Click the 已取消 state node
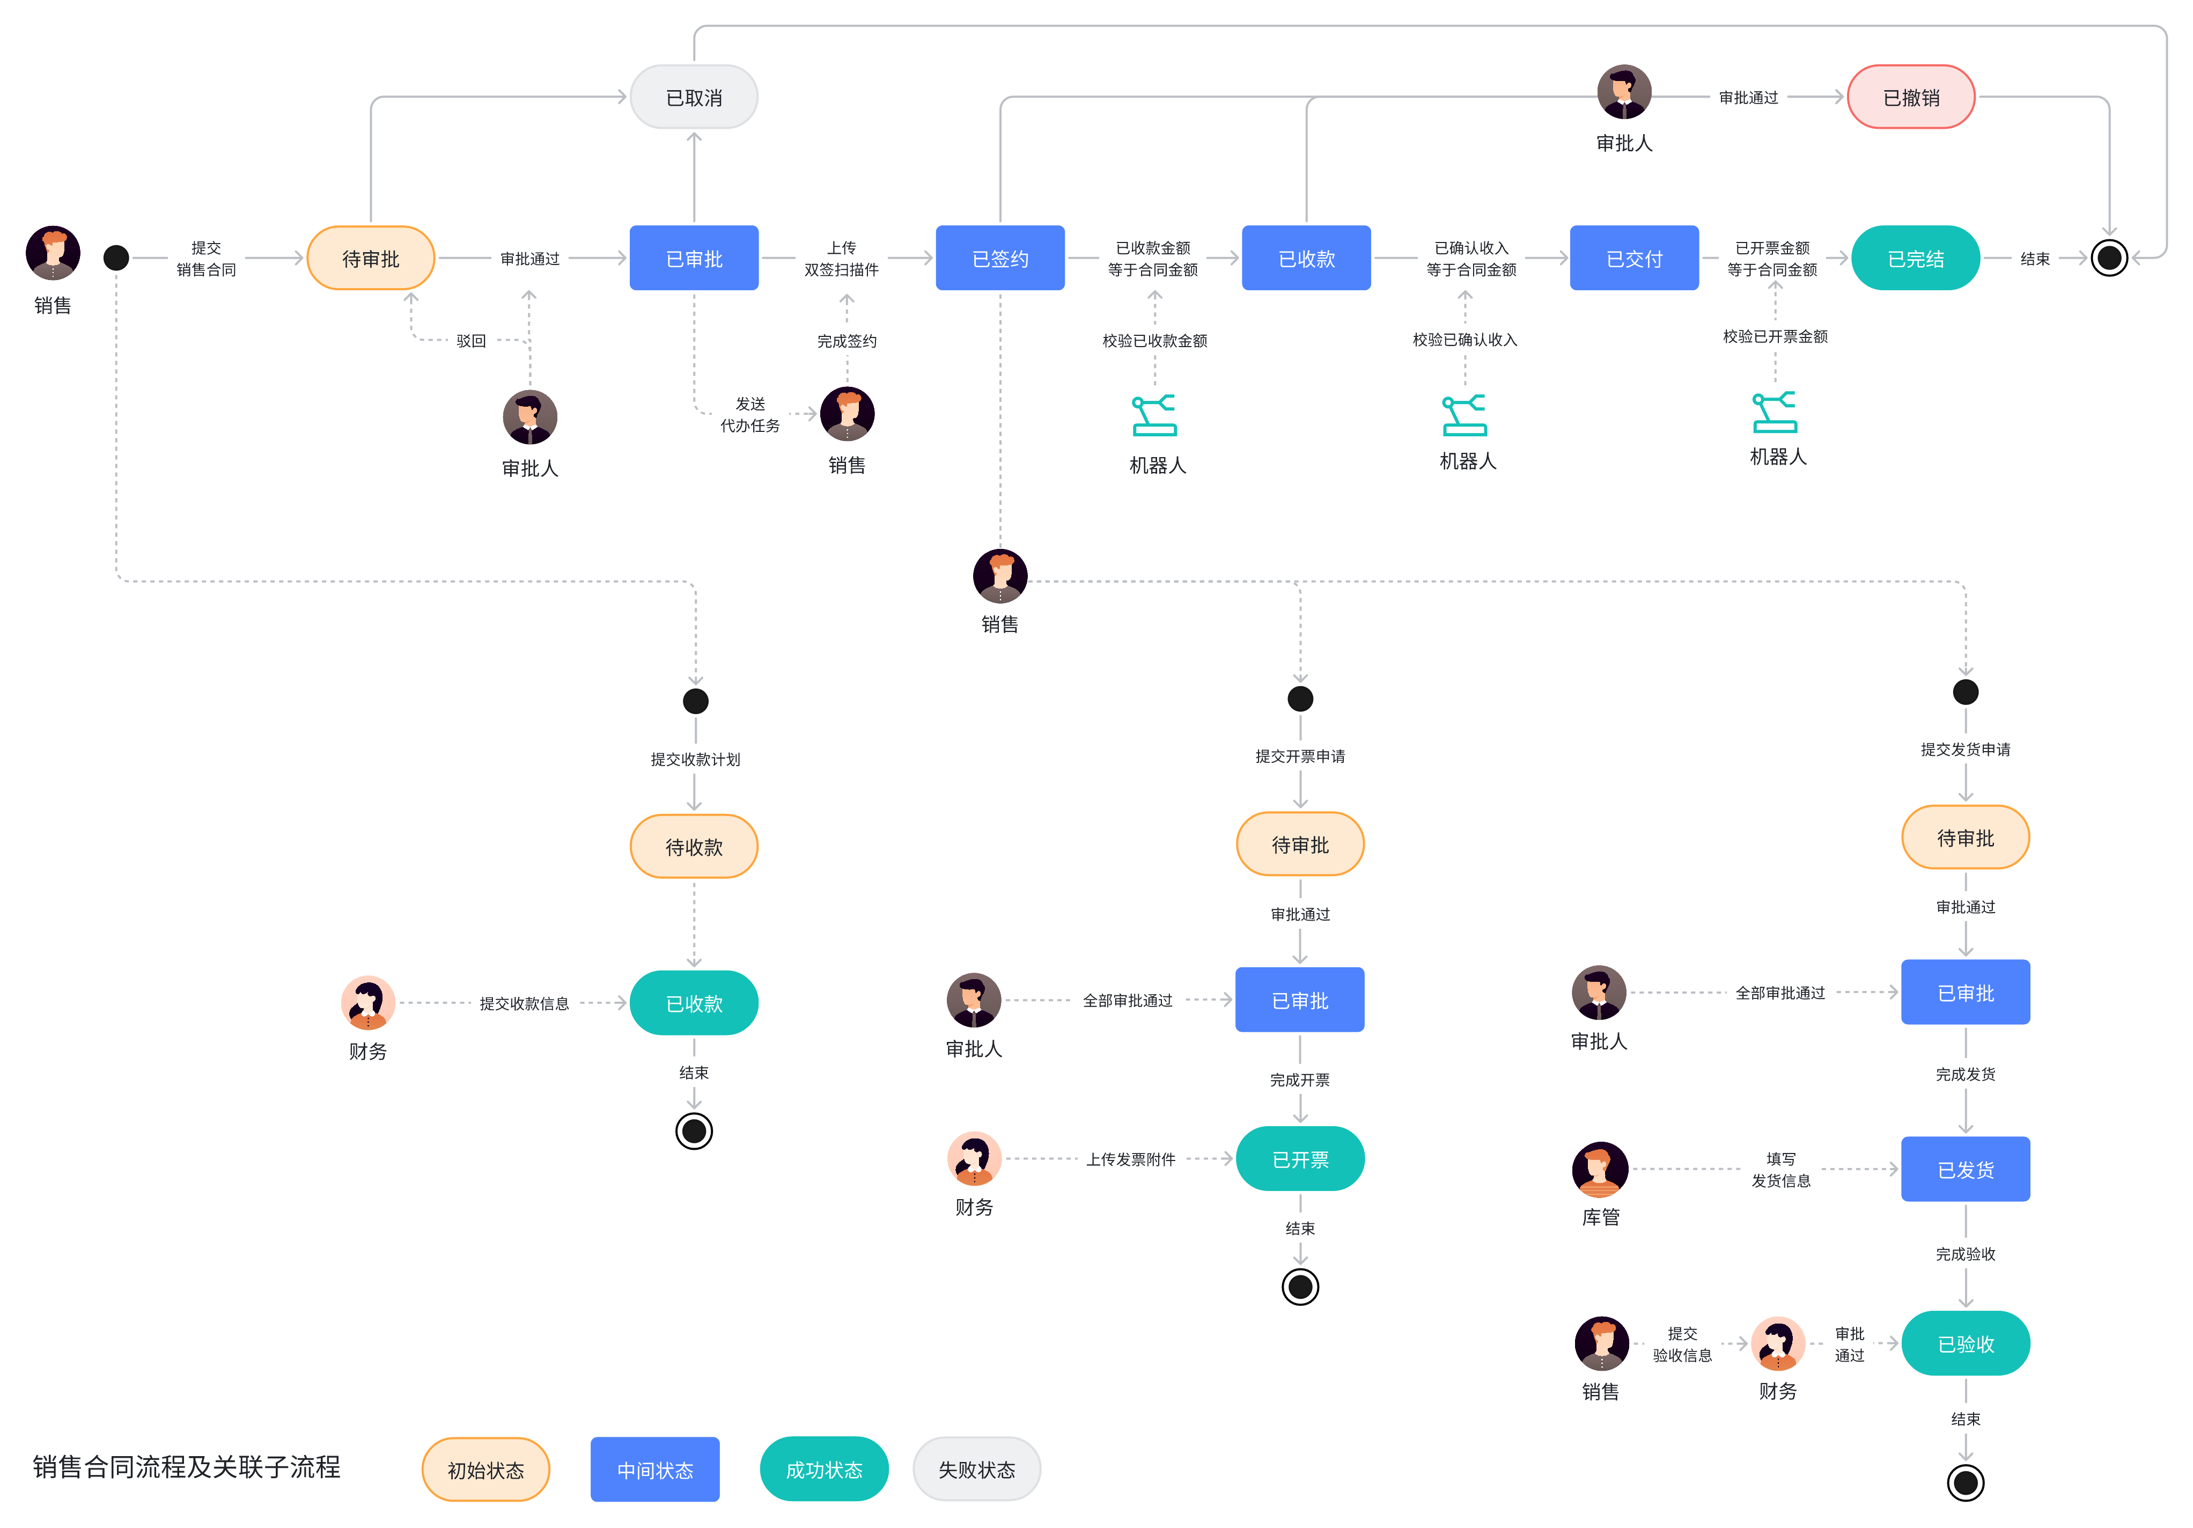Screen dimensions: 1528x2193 point(694,98)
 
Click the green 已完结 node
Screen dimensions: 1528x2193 point(1915,258)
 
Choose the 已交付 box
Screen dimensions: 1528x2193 point(1633,258)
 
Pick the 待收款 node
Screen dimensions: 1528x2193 point(694,846)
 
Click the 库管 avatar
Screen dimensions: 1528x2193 point(1600,1169)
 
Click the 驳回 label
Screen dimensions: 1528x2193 point(471,341)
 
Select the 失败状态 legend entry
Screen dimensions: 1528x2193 point(976,1469)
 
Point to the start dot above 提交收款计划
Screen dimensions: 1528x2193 point(695,701)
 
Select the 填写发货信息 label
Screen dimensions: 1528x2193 point(1780,1169)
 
